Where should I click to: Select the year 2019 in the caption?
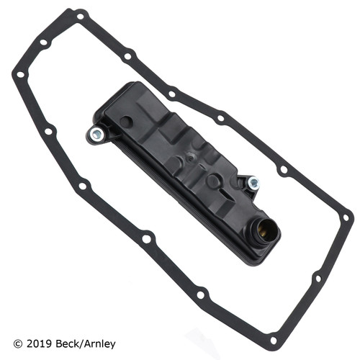[39, 341]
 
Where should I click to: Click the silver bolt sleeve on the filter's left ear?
[96, 133]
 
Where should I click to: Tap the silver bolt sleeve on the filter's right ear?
[253, 184]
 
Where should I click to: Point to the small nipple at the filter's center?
[189, 156]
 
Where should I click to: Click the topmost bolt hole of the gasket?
[79, 14]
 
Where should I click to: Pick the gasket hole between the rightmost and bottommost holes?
[317, 277]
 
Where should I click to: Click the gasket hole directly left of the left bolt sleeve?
[48, 131]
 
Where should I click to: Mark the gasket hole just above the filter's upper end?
[128, 55]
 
